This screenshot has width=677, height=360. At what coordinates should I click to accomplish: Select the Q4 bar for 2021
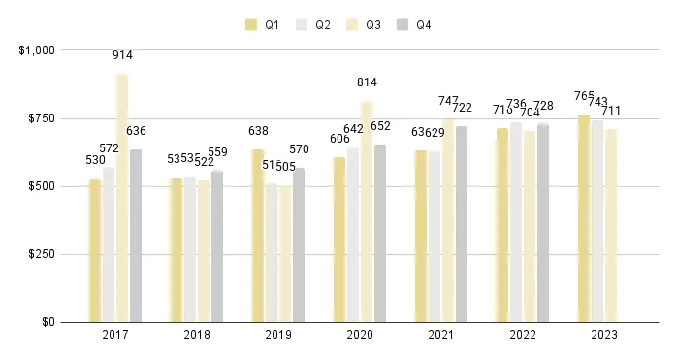[x=462, y=224]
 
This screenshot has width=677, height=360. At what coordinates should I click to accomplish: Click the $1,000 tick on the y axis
[x=36, y=49]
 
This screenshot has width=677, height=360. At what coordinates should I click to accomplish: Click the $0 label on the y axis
[x=47, y=322]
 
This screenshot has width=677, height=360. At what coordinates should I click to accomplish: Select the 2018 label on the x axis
[x=197, y=335]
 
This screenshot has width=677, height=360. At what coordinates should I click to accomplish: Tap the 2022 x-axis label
[x=523, y=335]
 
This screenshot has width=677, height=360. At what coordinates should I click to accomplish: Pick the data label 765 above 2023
[x=584, y=96]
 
